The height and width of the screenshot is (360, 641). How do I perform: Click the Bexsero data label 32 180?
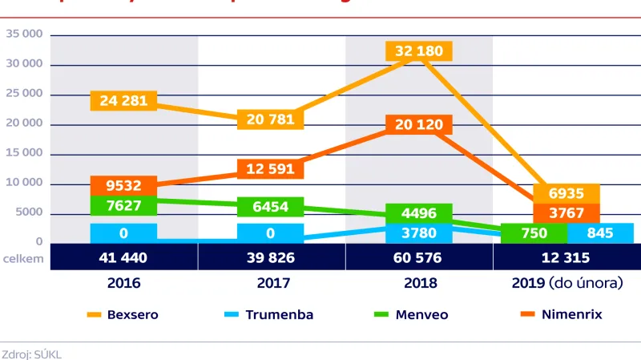418,51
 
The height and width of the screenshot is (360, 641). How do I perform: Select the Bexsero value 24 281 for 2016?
123,101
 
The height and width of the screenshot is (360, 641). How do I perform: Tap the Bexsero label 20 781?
271,119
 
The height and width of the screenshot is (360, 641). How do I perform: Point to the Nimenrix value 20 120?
418,124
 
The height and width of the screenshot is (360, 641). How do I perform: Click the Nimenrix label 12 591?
271,169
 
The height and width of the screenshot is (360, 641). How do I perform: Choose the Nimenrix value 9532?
123,185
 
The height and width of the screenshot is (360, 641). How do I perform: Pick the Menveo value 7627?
123,206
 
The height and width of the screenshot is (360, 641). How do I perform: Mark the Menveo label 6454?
271,207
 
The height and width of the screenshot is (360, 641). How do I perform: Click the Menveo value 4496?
418,213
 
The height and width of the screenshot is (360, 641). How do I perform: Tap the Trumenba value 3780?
418,233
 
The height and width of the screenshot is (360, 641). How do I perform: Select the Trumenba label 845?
600,233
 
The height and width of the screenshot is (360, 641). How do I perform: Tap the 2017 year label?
271,283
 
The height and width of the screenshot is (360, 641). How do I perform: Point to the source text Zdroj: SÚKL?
32,354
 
